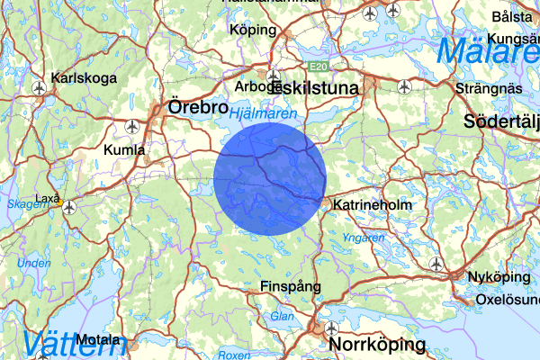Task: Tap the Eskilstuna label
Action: [x=314, y=89]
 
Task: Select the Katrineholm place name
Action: [x=372, y=205]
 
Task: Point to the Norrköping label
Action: [x=377, y=345]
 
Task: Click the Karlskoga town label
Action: [x=85, y=78]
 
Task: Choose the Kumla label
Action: [x=123, y=149]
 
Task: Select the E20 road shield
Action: [x=316, y=67]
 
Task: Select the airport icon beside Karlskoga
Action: [x=39, y=88]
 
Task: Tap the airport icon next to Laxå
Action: [x=69, y=205]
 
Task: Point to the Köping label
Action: [x=252, y=29]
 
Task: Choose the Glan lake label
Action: [x=282, y=316]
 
